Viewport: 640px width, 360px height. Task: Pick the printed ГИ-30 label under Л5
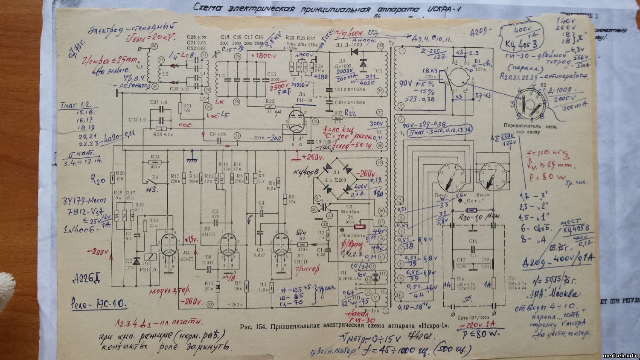click(x=303, y=99)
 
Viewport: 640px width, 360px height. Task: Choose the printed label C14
click(x=473, y=241)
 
